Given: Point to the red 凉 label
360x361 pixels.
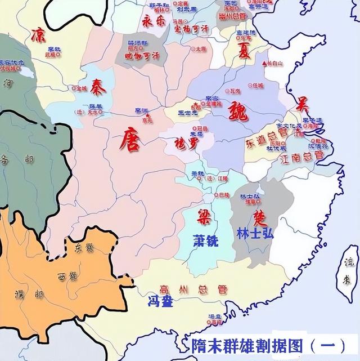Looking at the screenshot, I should pos(39,33).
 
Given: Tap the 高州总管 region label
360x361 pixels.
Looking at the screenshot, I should pos(186,289).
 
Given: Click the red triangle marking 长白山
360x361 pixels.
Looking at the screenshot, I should pos(264,63).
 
